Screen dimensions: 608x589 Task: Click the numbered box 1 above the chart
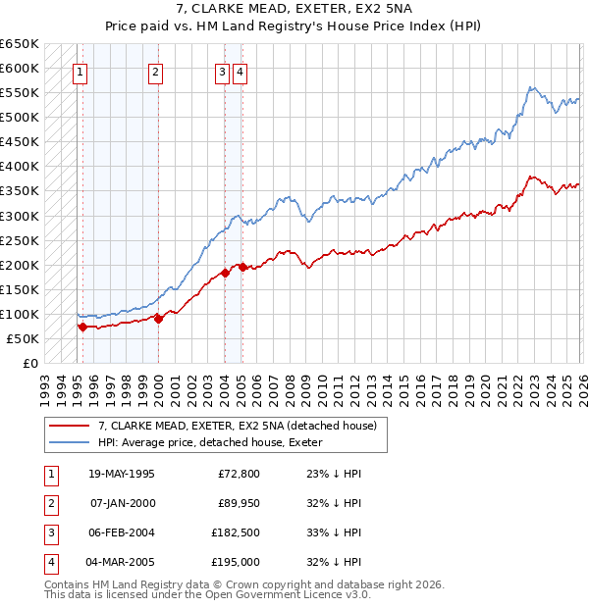80,71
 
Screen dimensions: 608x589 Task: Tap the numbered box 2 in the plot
156,71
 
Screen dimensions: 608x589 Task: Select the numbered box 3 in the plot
223,71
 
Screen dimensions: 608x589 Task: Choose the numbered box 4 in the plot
240,71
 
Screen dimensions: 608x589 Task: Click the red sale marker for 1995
82,328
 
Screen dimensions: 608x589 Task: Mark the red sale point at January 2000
159,319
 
